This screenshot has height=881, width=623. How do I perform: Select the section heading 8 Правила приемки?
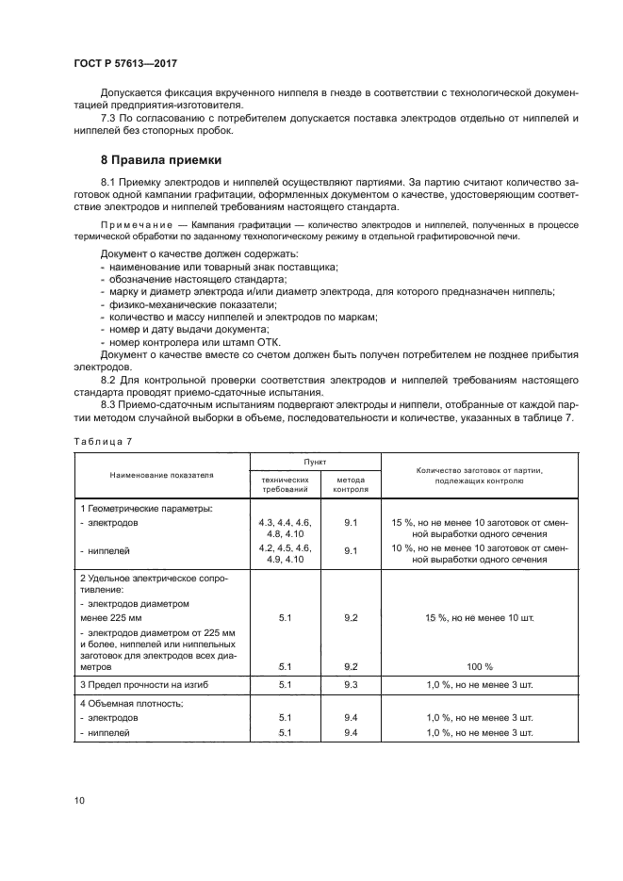coord(161,160)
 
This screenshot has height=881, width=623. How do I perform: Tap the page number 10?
coord(80,800)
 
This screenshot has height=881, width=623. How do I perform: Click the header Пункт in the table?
coord(314,464)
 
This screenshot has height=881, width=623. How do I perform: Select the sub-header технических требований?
coord(284,484)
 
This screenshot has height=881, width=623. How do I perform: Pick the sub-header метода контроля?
coord(351,484)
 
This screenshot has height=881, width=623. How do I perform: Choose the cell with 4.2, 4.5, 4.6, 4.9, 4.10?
coord(284,553)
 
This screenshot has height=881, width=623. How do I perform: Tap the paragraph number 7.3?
coord(111,118)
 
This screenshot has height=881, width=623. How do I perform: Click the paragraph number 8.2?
coord(111,378)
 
